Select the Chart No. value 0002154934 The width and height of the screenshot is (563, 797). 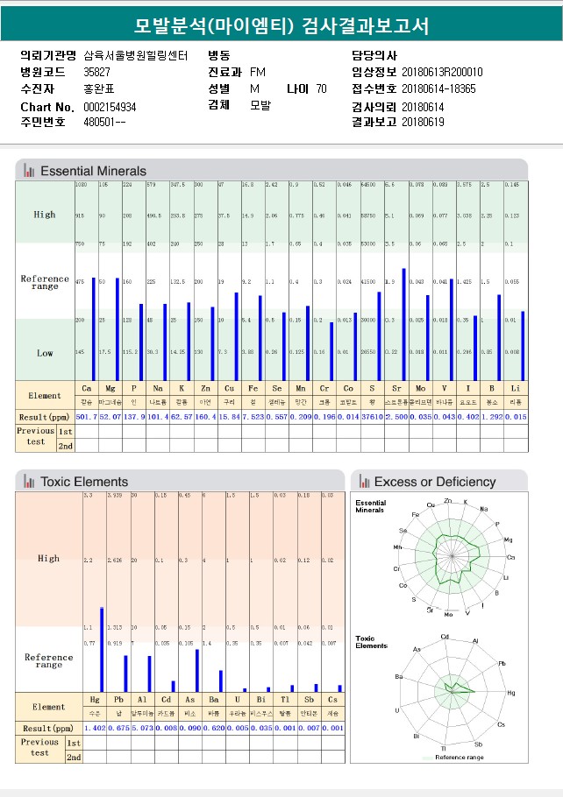pos(110,107)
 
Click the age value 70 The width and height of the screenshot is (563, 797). pos(321,88)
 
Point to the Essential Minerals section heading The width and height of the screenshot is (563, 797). pos(93,171)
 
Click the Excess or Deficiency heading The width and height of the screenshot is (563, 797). pos(434,481)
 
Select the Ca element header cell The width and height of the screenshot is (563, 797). pos(86,388)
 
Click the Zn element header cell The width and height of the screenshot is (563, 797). pos(204,388)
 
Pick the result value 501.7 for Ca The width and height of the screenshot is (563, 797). pos(86,417)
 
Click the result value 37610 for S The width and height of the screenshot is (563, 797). pos(371,417)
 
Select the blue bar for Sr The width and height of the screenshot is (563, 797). pos(403,324)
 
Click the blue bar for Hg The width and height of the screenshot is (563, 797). pos(102,649)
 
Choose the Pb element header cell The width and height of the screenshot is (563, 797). pos(118,699)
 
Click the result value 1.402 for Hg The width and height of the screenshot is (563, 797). pos(95,728)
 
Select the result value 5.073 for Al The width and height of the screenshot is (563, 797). pos(142,728)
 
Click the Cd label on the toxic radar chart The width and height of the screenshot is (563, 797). pos(445,637)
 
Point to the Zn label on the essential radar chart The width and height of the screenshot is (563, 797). pos(448,501)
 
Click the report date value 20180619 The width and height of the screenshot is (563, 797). pos(423,122)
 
